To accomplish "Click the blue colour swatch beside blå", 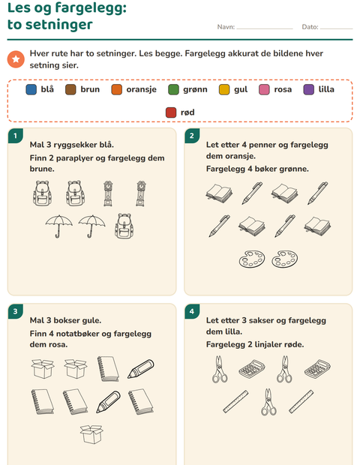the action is click(31, 89).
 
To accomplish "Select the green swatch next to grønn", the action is click(173, 89).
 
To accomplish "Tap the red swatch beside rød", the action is click(171, 112).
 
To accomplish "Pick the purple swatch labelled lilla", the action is click(309, 89).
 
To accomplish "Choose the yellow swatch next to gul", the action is click(224, 89).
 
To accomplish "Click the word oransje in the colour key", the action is click(142, 89).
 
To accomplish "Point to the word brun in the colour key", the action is click(90, 89).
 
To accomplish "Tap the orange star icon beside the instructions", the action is click(16, 59).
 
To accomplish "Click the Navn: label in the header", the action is click(226, 27).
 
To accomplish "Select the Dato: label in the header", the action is click(310, 27).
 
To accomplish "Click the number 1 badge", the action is click(16, 136).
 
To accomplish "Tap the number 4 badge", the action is click(192, 311).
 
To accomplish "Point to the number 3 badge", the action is click(16, 311).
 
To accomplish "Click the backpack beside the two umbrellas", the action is click(124, 226).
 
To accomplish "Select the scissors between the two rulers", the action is click(268, 402).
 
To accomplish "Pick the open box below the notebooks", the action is click(91, 434).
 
